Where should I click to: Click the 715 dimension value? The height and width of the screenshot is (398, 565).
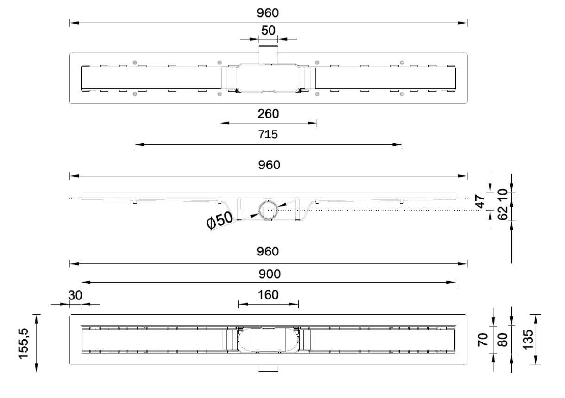pos(268,134)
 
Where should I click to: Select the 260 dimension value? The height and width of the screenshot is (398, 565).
pos(268,114)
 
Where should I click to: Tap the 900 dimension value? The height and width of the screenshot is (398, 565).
pos(270,274)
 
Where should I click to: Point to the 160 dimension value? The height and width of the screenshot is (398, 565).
pos(268,295)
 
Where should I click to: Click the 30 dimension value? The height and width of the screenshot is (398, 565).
pos(75,295)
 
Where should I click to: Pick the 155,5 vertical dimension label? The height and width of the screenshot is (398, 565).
pos(24,343)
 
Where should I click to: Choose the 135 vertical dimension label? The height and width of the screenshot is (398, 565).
pos(528,340)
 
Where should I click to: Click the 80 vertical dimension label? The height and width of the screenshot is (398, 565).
pos(502,340)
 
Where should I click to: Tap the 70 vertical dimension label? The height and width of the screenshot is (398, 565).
pos(483,340)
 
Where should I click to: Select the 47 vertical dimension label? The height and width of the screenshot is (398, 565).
pos(480,201)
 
